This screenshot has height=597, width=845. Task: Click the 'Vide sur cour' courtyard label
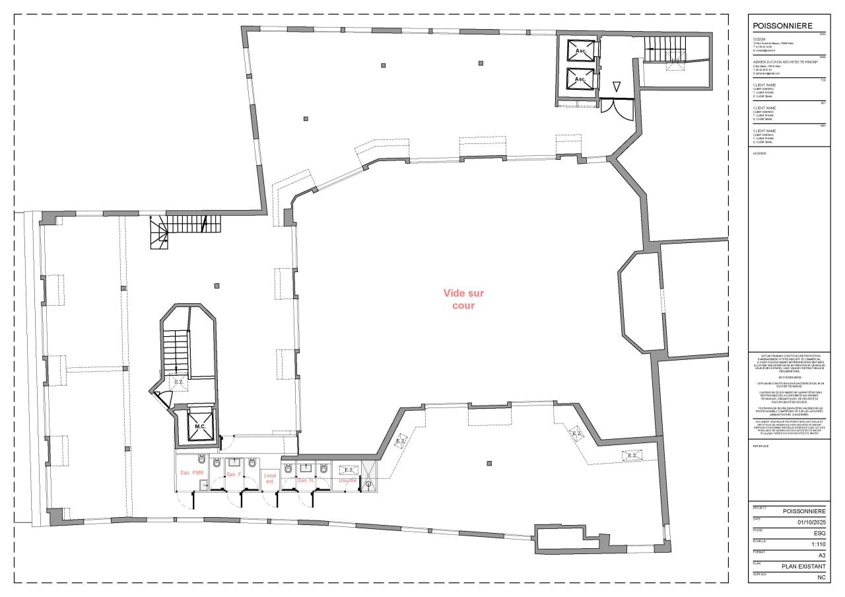coord(463,299)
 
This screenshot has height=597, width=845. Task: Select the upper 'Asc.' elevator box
coord(580,50)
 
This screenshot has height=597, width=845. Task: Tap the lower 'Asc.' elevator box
coord(580,78)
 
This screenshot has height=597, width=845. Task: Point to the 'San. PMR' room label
coord(191,473)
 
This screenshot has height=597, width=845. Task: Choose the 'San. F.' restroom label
coord(234,475)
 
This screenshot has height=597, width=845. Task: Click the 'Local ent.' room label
coord(269,478)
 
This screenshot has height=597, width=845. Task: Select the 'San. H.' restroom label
coord(305,480)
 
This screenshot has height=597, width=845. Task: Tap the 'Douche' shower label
coord(347,480)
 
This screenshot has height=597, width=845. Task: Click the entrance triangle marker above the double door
coord(616,87)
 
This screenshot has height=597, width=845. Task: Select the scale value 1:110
coord(818,544)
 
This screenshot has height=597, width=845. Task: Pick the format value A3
coord(821,555)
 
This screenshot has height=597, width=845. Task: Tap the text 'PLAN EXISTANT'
coord(803,566)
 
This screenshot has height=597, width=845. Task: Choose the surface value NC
coord(821,577)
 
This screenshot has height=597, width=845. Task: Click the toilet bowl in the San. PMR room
coord(202,458)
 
